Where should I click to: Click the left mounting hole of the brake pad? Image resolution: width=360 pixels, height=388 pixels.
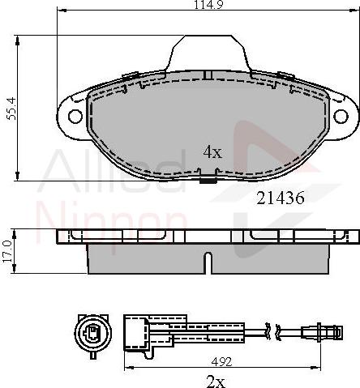tap(75, 116)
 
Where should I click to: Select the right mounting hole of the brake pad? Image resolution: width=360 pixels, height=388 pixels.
tap(341, 116)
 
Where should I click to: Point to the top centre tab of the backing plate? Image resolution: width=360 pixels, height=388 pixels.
tap(208, 53)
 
